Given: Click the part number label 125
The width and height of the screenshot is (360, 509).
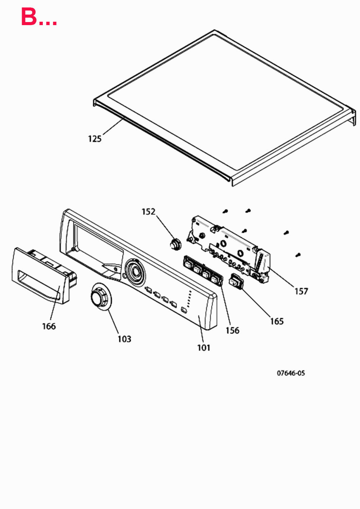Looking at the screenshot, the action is point(95,139).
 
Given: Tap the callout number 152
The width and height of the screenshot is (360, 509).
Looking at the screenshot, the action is point(148,212).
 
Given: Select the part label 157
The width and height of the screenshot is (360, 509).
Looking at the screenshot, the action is point(301,291).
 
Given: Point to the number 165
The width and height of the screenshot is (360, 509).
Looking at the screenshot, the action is point(277,321).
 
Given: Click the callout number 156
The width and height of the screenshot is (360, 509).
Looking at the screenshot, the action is point(232,331).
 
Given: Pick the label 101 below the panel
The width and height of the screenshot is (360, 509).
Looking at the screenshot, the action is point(204,348).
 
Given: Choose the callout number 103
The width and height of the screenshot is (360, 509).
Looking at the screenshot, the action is point(124,339).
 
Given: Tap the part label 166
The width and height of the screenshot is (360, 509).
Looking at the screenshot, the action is point(49,326).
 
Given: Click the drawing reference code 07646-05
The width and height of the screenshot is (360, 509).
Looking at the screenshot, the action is point(291,373).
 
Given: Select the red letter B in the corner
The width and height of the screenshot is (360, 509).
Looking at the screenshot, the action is point(29,17).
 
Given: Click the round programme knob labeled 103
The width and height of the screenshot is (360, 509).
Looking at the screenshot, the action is point(100,297).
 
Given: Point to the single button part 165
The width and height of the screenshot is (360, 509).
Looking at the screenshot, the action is point(236,281).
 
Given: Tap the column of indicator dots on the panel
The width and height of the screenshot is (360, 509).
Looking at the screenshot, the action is point(189,299).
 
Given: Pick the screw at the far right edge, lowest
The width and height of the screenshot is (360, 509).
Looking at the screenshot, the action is point(298,255).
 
